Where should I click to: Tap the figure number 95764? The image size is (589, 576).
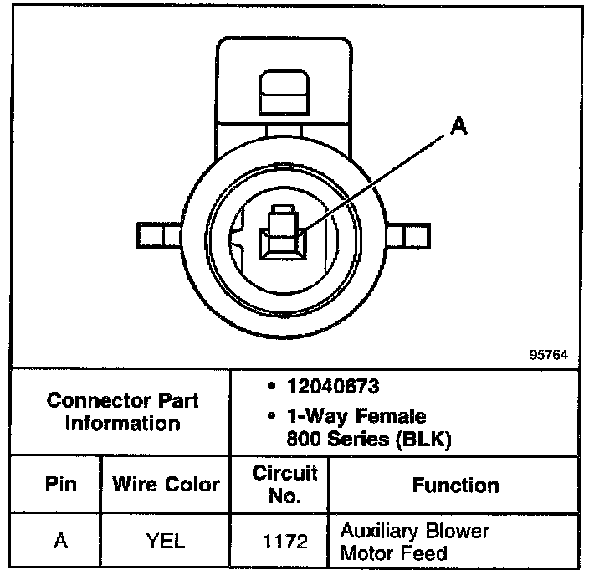pyautogui.click(x=548, y=355)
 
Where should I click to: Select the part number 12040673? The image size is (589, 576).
pyautogui.click(x=332, y=388)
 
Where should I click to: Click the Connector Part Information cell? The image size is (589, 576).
pyautogui.click(x=122, y=412)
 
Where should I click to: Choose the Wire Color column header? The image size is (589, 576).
pyautogui.click(x=166, y=485)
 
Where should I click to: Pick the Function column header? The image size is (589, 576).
pyautogui.click(x=455, y=485)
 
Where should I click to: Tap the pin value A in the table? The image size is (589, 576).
pyautogui.click(x=60, y=542)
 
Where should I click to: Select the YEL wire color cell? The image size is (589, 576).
pyautogui.click(x=166, y=542)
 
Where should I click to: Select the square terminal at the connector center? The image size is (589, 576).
pyautogui.click(x=281, y=237)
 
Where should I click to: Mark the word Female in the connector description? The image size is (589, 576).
pyautogui.click(x=392, y=416)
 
